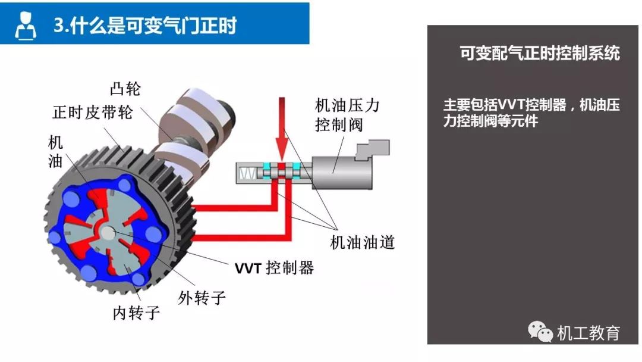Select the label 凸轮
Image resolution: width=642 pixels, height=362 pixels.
(125, 89)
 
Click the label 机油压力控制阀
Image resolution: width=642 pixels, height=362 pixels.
(347, 116)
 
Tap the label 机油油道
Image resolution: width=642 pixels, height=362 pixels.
(362, 242)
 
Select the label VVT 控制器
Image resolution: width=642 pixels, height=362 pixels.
(274, 268)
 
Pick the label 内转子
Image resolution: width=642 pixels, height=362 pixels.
(136, 312)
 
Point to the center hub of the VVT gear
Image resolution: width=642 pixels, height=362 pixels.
(109, 232)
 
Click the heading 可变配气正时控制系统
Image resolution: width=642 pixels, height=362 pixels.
(539, 54)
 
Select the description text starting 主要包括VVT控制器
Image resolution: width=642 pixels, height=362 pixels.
(531, 113)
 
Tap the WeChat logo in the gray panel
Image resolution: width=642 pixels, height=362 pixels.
(540, 331)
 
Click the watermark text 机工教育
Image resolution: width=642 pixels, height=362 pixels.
(588, 333)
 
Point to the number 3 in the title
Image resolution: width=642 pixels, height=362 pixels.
(58, 26)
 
